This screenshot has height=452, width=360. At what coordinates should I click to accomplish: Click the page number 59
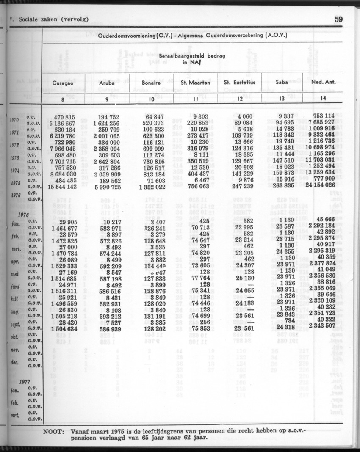[338, 19]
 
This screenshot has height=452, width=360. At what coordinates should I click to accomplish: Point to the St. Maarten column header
[196, 83]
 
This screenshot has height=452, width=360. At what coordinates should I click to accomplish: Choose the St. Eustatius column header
[240, 83]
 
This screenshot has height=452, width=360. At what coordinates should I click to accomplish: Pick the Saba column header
[282, 83]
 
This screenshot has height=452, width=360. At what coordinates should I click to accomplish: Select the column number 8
[63, 99]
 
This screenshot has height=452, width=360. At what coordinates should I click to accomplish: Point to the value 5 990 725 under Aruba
[107, 187]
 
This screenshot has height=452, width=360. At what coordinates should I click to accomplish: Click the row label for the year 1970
[14, 120]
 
